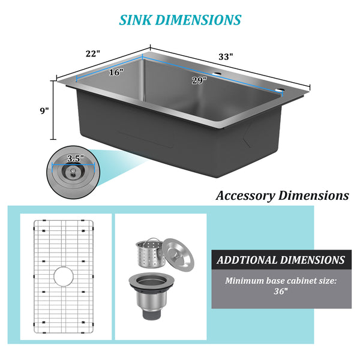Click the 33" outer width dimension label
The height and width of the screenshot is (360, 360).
[x=226, y=56]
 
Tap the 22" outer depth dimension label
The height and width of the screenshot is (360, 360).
[x=93, y=53]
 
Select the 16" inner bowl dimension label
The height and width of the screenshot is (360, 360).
[x=116, y=73]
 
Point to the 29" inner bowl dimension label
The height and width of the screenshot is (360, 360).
[x=199, y=80]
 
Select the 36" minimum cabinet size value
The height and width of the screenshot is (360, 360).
[x=281, y=291]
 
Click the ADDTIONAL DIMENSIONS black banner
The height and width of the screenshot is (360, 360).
[x=281, y=260]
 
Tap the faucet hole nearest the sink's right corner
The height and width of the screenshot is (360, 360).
[x=279, y=91]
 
